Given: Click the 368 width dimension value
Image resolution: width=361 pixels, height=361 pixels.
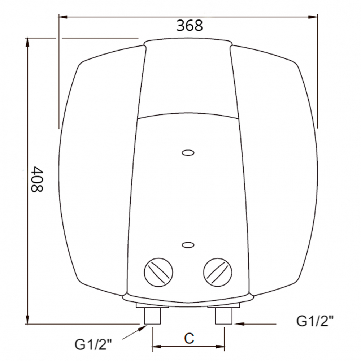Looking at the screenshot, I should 190,26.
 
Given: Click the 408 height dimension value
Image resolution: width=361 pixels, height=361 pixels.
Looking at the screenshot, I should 36,179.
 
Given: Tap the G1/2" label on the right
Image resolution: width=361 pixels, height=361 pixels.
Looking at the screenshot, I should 314,321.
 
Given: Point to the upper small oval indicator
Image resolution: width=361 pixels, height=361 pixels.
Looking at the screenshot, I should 188,153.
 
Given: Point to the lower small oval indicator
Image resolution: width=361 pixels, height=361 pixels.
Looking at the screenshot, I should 188,245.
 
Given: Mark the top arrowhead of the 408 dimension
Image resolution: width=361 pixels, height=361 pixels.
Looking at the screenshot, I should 27,42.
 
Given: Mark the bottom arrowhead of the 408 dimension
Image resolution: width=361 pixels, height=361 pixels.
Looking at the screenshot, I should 27,319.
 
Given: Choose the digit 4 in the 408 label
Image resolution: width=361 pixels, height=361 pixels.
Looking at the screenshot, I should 36,170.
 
